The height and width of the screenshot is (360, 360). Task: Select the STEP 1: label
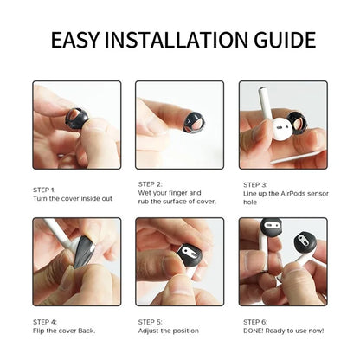point(45,190)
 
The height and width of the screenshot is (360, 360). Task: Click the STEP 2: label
point(151,184)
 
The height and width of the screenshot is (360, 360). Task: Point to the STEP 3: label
point(255,184)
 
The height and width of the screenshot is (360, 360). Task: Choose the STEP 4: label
point(45,321)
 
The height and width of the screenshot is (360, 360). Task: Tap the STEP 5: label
point(151,321)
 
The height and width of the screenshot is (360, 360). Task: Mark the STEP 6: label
point(255,321)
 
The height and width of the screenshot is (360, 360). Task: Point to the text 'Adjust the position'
point(167,330)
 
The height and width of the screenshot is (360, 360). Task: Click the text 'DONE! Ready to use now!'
point(282,330)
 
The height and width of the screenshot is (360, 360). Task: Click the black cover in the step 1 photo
point(77,118)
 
